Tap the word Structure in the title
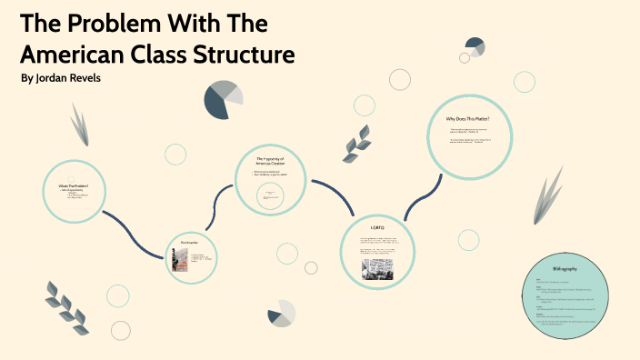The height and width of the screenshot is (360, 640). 248,54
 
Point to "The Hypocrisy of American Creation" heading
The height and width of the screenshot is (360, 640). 271,161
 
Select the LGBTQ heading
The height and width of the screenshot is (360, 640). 378,226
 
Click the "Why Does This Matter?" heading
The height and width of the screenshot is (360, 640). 467,119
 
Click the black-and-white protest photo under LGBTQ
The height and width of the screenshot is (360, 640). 376,267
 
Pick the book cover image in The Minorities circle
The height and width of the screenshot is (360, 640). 180,260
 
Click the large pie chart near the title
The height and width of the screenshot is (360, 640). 224,99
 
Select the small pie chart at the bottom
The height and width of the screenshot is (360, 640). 282,313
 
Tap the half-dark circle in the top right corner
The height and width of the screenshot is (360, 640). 475,46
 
